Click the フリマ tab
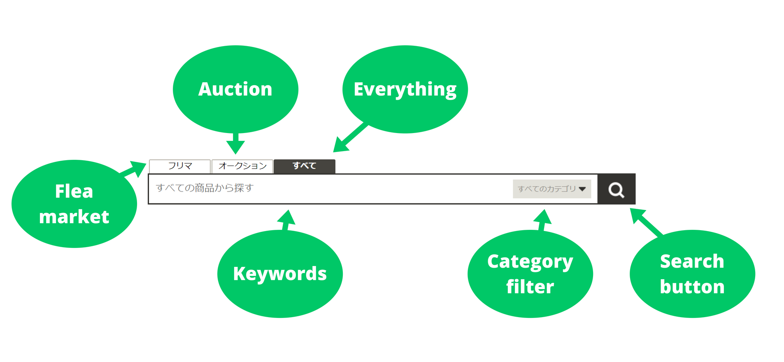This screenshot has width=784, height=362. pyautogui.click(x=180, y=166)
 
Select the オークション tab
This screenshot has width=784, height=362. pyautogui.click(x=242, y=166)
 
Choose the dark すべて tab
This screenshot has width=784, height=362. pyautogui.click(x=305, y=166)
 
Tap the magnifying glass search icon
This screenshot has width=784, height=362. pyautogui.click(x=616, y=189)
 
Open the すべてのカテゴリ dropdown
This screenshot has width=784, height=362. pyautogui.click(x=551, y=189)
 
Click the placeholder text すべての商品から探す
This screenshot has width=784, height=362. pyautogui.click(x=205, y=188)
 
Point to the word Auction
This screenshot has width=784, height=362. pyautogui.click(x=235, y=89)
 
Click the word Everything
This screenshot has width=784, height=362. pyautogui.click(x=405, y=89)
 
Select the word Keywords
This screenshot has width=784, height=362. pyautogui.click(x=280, y=274)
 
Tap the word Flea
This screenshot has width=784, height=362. pyautogui.click(x=74, y=192)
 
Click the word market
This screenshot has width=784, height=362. pyautogui.click(x=74, y=217)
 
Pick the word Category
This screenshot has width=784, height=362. pyautogui.click(x=530, y=262)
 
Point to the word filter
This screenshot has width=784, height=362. pyautogui.click(x=530, y=287)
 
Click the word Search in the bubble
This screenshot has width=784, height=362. pyautogui.click(x=692, y=262)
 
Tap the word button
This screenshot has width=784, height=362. pyautogui.click(x=692, y=287)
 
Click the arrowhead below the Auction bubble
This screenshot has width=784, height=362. pyautogui.click(x=235, y=147)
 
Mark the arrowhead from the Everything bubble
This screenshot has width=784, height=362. pyautogui.click(x=341, y=145)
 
